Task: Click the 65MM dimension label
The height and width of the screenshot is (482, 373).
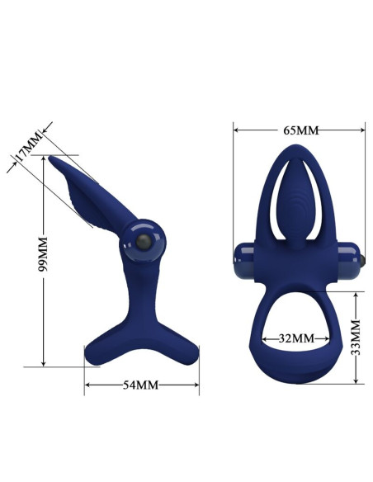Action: (x=301, y=130)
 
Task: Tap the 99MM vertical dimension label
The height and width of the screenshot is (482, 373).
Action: (x=43, y=253)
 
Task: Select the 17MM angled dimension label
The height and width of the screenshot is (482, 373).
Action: (x=28, y=147)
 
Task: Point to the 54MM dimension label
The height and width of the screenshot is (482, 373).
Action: (x=141, y=385)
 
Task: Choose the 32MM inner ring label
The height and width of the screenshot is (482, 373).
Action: (x=297, y=338)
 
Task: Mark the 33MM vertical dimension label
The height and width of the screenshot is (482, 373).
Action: (x=356, y=338)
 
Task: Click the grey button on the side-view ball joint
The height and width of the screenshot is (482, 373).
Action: (x=144, y=242)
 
